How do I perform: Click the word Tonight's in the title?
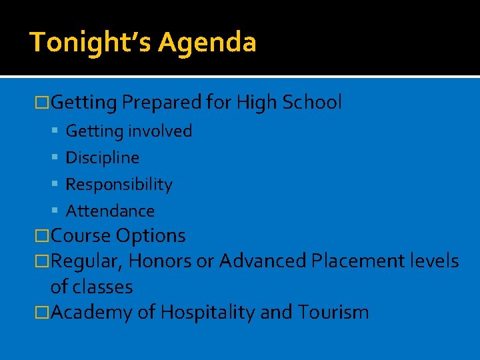tap(83, 42)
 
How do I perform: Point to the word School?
tap(312, 102)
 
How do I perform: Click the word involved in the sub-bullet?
tap(161, 131)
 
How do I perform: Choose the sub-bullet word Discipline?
tap(103, 158)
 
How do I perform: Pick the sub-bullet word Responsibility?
tap(119, 185)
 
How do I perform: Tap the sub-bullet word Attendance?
tap(110, 211)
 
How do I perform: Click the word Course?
tap(81, 235)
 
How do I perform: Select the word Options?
tap(151, 235)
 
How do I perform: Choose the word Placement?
tap(357, 261)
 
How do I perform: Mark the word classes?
tap(101, 287)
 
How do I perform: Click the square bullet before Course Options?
tap(42, 236)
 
